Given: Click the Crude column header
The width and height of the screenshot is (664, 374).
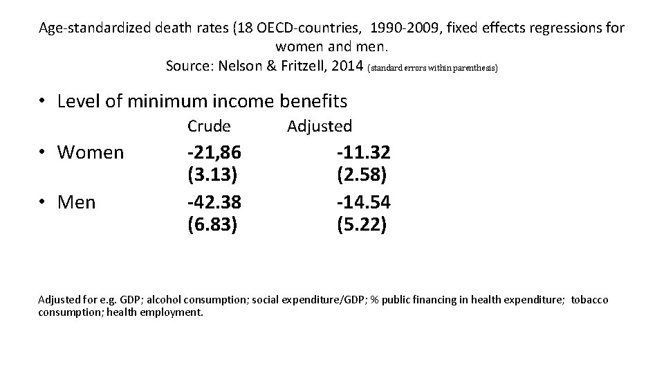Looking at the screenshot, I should tap(209, 126).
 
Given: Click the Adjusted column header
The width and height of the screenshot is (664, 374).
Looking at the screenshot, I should tap(319, 126).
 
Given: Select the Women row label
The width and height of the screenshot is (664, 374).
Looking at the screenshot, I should tap(91, 152).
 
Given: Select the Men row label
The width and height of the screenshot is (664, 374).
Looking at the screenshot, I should tap(77, 202).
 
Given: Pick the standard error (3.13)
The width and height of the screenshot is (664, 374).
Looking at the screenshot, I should tap(212, 175).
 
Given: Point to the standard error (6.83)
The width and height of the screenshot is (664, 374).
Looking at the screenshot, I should tap(212, 225).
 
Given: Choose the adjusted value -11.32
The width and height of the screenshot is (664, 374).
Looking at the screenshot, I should tap(362, 152).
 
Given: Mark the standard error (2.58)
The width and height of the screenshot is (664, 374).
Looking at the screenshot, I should tap(362, 175).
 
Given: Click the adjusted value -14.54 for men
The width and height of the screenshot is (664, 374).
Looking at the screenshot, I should tap(362, 202).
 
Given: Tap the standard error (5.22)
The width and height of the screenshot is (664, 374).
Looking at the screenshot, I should tap(362, 225).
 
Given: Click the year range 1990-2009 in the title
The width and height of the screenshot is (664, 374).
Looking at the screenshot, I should tap(408, 28).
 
